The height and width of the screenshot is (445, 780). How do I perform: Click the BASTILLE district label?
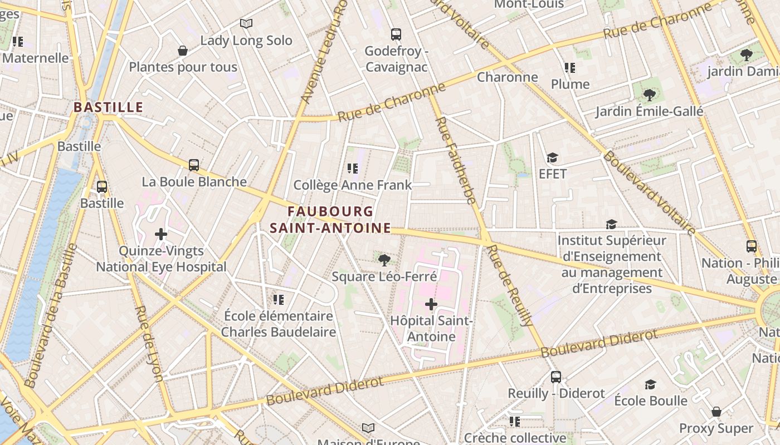(109, 107)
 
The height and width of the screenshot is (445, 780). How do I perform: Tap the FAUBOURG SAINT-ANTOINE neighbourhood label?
(330, 220)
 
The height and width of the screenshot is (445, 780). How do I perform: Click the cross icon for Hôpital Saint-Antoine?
(431, 304)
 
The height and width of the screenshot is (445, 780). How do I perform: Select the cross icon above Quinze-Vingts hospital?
(161, 234)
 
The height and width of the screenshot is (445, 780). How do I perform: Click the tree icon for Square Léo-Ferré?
(384, 260)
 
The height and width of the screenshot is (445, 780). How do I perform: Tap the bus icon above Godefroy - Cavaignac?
(396, 34)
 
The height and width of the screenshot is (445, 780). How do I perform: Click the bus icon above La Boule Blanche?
(194, 165)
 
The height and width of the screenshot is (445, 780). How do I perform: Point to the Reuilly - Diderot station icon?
(556, 377)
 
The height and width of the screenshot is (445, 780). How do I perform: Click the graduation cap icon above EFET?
(552, 158)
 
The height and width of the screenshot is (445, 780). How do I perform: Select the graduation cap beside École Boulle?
(650, 385)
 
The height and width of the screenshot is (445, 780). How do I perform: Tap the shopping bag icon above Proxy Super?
(716, 412)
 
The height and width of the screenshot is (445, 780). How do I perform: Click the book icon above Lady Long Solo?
(246, 24)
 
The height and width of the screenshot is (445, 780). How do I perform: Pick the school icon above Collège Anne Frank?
(352, 169)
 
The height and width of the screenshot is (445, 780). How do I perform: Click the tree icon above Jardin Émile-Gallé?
(649, 95)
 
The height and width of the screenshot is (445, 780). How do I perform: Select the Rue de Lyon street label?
(149, 343)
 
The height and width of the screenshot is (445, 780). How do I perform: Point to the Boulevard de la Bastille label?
(51, 314)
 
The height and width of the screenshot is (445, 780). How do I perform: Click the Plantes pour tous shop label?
(183, 67)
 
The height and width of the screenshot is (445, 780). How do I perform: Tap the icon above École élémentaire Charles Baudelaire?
(279, 300)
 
